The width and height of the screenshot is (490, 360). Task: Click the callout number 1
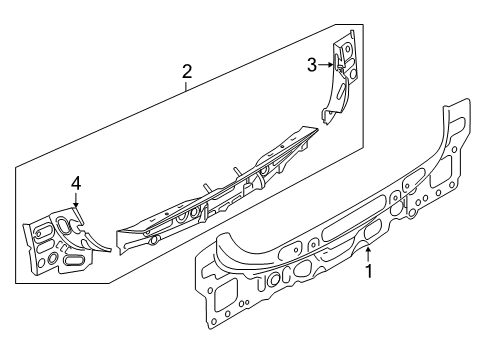coord(369,271)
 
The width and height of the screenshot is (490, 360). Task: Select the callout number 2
coord(187,71)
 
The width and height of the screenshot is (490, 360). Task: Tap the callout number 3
coord(312,65)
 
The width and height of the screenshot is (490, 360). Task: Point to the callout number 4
coord(76,183)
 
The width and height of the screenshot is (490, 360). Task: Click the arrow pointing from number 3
coord(326,65)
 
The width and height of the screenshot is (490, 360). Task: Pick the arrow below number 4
coord(76,200)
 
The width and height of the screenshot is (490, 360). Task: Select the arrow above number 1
coord(368,254)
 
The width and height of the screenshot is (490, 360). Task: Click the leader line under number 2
coord(186,85)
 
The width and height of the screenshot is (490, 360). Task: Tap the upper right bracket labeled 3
coord(339,77)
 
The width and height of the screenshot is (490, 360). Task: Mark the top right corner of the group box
coord(363,24)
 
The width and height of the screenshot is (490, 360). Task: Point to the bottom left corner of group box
coord(16,283)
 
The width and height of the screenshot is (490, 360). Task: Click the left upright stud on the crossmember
coord(207,188)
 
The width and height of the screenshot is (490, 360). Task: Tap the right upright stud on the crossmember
coord(237,171)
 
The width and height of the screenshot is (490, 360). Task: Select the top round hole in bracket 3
coord(347,49)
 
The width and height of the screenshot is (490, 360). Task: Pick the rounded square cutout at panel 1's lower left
coord(225,293)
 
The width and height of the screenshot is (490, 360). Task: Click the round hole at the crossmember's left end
coord(154,240)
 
